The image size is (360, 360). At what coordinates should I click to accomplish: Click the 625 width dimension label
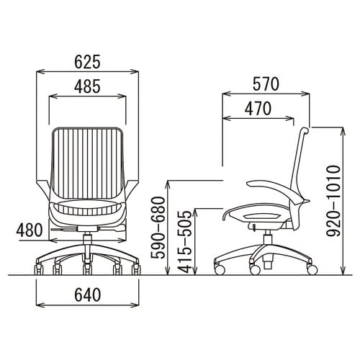point(87,62)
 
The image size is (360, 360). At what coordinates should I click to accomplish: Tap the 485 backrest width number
point(87,86)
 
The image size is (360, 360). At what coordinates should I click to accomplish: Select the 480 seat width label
point(30,230)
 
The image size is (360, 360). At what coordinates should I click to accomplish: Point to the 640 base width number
point(87,294)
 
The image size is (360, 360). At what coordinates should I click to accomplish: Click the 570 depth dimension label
point(266,84)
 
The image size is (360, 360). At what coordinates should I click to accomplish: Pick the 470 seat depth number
point(258,109)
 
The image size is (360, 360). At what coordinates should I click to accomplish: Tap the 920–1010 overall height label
point(334,201)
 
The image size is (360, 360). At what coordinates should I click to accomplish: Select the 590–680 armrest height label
point(158,228)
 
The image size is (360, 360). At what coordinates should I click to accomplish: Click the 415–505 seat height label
point(185,242)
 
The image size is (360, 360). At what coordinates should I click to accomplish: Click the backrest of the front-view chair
point(87,163)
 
